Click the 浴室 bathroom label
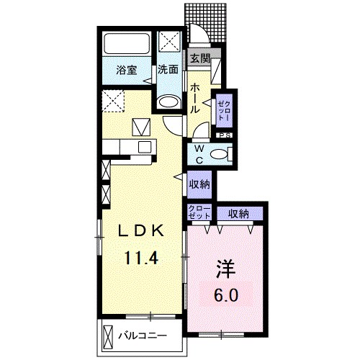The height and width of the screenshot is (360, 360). pyautogui.click(x=127, y=71)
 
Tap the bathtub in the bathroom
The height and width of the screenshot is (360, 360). pyautogui.click(x=127, y=44)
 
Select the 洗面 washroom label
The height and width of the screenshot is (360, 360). pyautogui.click(x=168, y=70)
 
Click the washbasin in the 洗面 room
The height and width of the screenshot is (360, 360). pyautogui.click(x=168, y=102)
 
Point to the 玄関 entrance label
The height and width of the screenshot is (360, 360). pyautogui.click(x=200, y=58)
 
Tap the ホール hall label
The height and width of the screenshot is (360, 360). pyautogui.click(x=194, y=99)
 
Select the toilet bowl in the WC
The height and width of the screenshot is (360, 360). pyautogui.click(x=219, y=154)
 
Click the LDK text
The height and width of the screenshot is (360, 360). pyautogui.click(x=140, y=231)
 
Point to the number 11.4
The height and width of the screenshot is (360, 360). pyautogui.click(x=141, y=258)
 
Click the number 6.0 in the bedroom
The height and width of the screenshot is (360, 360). pyautogui.click(x=226, y=295)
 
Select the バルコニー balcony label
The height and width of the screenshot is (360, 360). pyautogui.click(x=143, y=336)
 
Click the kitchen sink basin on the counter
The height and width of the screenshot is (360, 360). pyautogui.click(x=145, y=147)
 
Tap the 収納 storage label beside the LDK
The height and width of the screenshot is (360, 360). pyautogui.click(x=199, y=184)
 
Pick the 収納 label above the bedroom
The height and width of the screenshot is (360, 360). pyautogui.click(x=238, y=213)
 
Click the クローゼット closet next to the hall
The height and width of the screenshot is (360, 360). pyautogui.click(x=224, y=110)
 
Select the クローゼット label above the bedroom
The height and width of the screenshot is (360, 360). pyautogui.click(x=199, y=212)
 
